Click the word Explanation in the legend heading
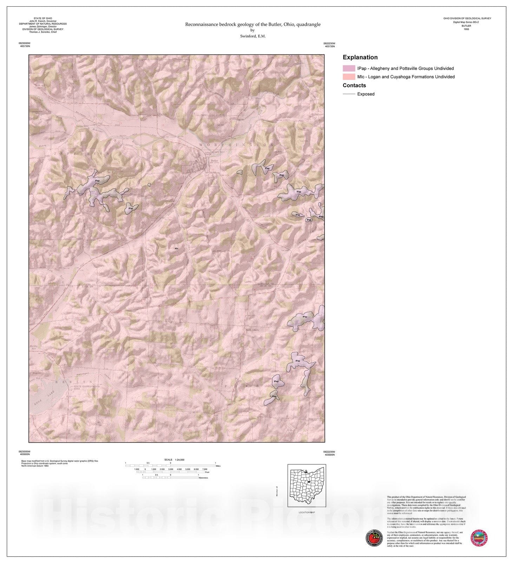360,57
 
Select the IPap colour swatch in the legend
349,68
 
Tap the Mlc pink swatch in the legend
349,77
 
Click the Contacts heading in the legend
354,85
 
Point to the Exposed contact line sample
349,94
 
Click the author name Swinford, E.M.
253,36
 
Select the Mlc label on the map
177,249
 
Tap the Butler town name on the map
214,161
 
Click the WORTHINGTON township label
236,145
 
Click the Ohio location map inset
307,485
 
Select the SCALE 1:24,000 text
174,460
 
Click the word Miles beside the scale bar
218,466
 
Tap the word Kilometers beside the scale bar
203,478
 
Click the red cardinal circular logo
374,538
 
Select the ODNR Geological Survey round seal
479,538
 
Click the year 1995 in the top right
466,29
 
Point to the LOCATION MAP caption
307,512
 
